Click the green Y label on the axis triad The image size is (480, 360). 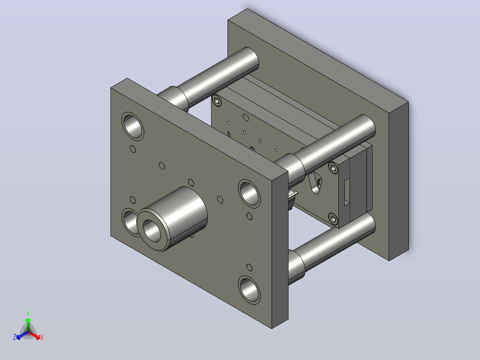click(x=28, y=313)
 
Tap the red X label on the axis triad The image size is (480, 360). click(x=42, y=337)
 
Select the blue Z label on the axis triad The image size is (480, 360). click(x=15, y=337)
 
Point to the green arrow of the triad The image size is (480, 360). click(x=28, y=324)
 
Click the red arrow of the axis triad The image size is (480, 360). click(x=34, y=335)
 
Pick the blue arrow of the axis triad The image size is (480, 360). click(x=22, y=335)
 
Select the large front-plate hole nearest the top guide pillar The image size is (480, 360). click(x=133, y=126)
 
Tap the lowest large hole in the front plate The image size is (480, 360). click(x=249, y=290)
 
